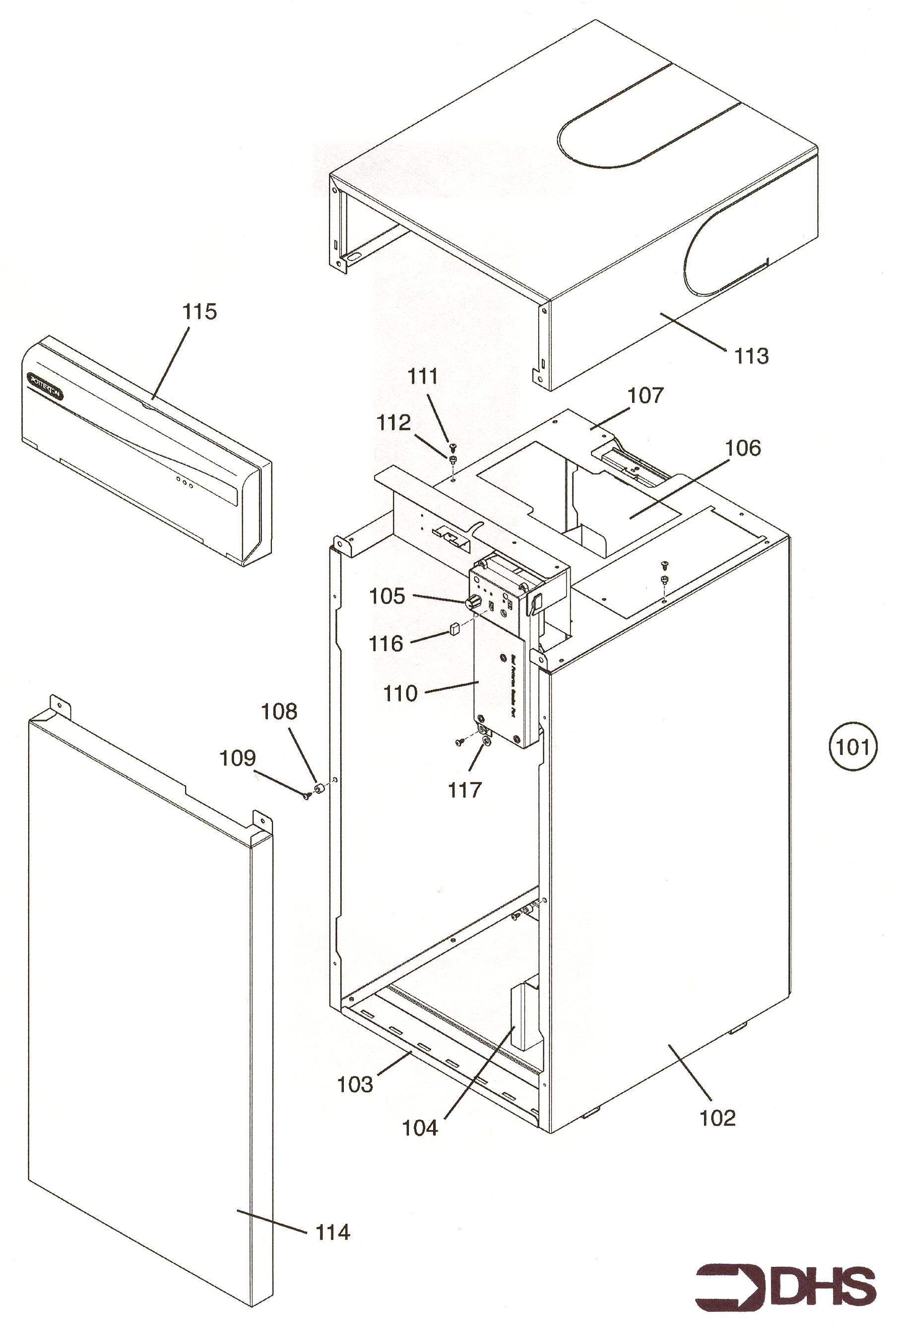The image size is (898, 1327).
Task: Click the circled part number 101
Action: tap(852, 747)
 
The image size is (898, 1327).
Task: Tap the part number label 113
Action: tap(751, 356)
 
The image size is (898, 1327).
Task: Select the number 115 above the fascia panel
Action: tap(199, 312)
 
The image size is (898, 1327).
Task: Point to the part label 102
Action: tap(717, 1118)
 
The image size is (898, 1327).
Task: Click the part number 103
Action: tap(355, 1084)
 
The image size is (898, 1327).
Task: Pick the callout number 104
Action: tap(420, 1128)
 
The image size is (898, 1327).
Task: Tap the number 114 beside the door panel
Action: tap(333, 1232)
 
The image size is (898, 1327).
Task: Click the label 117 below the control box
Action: tap(465, 790)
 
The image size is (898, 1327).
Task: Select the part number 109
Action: tap(238, 758)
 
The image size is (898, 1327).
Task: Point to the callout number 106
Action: tap(743, 448)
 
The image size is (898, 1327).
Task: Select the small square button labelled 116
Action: tap(453, 629)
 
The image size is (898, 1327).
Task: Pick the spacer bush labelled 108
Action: tap(321, 789)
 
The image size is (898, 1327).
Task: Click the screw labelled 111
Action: tap(451, 445)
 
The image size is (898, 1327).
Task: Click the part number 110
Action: tap(400, 694)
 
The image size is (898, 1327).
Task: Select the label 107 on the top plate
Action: tap(645, 395)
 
